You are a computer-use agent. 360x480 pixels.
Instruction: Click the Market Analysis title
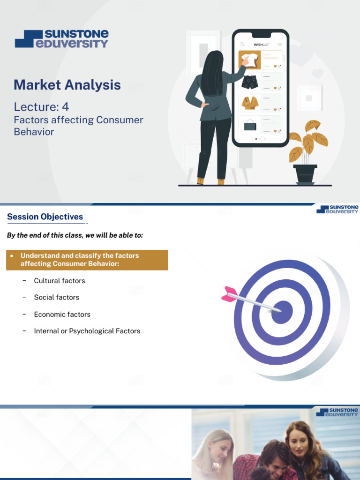[67, 85]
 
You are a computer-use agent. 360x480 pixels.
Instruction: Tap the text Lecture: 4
[41, 107]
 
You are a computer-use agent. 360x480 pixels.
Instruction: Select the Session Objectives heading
[45, 217]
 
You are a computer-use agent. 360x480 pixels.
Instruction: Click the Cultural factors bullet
[60, 281]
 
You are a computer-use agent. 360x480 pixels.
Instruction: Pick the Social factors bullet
[56, 297]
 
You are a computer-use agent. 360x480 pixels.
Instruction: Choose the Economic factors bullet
[62, 315]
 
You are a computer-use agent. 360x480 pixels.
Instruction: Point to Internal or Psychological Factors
[87, 331]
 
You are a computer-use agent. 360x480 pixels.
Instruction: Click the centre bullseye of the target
[282, 312]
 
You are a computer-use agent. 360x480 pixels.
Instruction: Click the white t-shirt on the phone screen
[249, 60]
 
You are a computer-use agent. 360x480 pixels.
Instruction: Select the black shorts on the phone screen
[249, 82]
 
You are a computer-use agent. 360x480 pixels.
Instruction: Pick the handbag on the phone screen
[250, 125]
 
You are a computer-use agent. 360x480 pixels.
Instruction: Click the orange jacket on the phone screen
[250, 103]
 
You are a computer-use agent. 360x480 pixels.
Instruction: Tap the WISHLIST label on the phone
[261, 45]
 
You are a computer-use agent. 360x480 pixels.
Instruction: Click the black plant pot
[305, 174]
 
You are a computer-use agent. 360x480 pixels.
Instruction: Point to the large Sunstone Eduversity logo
[61, 39]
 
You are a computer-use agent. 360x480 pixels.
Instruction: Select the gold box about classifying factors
[87, 260]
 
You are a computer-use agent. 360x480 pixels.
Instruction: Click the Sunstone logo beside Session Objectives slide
[337, 209]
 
